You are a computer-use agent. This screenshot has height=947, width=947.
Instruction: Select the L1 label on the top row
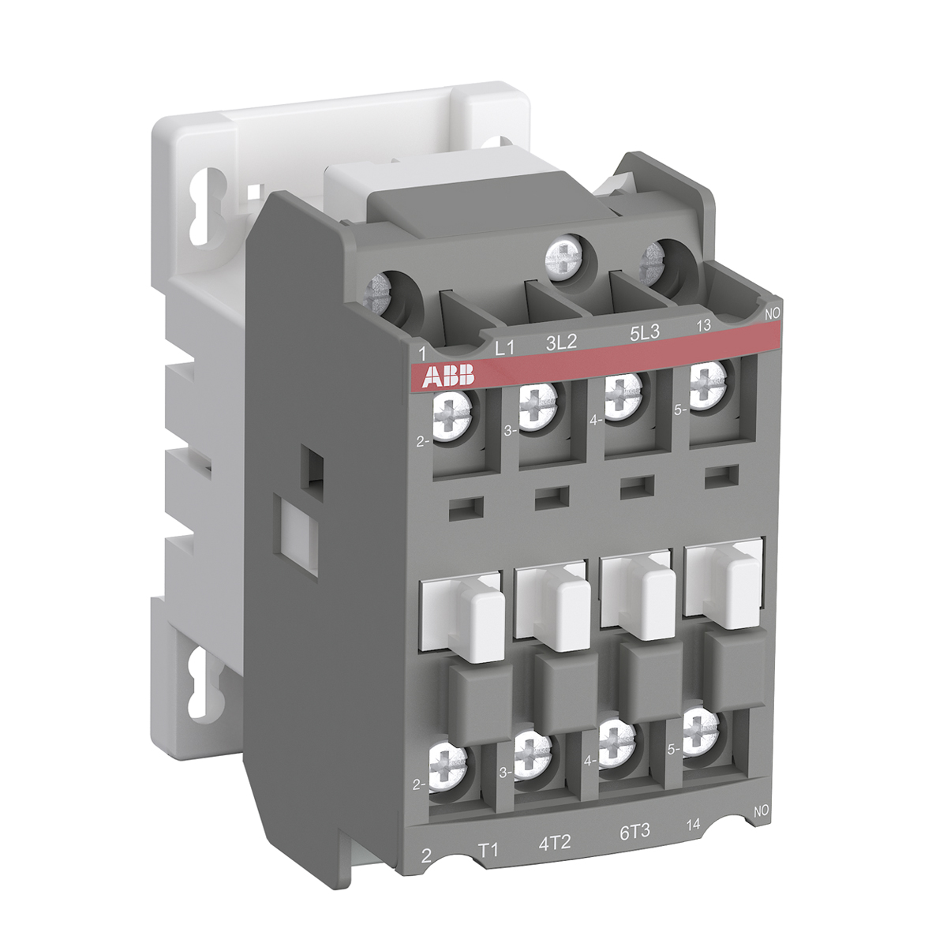tap(504, 348)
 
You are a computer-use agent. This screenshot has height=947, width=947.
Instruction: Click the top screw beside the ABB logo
tap(452, 412)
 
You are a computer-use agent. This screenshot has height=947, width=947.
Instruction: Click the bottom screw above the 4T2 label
tap(533, 748)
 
